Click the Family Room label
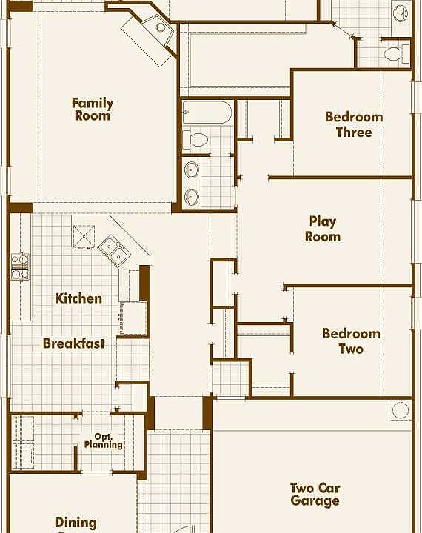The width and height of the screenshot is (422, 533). click(x=93, y=109)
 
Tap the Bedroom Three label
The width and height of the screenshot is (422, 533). click(x=354, y=124)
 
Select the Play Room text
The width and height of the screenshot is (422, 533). click(x=324, y=229)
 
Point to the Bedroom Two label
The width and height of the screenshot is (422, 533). click(x=351, y=341)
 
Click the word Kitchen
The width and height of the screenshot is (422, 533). click(x=78, y=298)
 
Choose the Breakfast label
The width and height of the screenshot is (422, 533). click(x=73, y=343)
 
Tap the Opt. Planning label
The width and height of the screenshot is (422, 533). click(x=103, y=441)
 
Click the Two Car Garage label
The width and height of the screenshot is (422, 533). click(x=315, y=494)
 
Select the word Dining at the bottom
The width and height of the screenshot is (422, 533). click(x=76, y=523)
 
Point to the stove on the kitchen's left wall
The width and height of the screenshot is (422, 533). click(x=19, y=266)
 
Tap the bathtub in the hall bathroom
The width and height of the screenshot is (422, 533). click(x=207, y=113)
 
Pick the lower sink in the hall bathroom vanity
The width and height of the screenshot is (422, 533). click(x=192, y=197)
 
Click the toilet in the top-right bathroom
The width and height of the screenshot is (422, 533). click(x=396, y=53)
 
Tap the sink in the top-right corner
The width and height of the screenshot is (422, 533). click(x=400, y=13)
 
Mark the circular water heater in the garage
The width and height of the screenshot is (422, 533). click(x=400, y=410)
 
